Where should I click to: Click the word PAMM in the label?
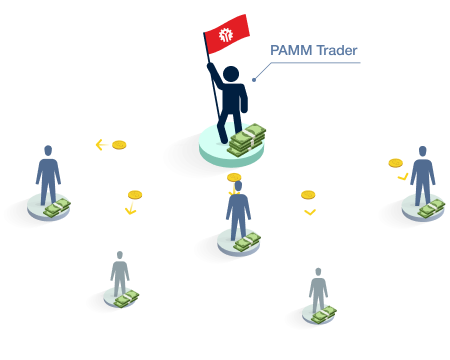(x=291, y=50)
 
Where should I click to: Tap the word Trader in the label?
(x=337, y=50)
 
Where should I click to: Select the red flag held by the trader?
(x=227, y=34)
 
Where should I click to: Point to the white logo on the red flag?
(x=226, y=35)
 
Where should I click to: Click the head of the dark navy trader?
(x=231, y=74)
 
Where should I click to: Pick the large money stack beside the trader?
(x=247, y=140)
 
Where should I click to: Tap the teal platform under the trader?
(x=231, y=147)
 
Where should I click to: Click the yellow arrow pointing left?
(x=101, y=145)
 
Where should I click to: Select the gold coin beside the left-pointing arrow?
(x=119, y=145)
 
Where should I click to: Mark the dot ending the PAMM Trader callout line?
(x=254, y=80)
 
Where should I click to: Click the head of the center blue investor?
(x=238, y=186)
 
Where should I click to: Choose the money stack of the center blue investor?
(x=247, y=242)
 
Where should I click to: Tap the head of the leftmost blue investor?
(x=48, y=150)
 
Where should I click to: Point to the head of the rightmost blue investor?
(x=423, y=151)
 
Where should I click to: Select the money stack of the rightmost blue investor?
(x=431, y=209)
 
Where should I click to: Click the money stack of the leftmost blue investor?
(x=57, y=208)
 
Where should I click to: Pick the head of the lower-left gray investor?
(x=120, y=255)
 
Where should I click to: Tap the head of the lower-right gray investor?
(x=318, y=272)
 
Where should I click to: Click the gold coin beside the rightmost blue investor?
(x=396, y=163)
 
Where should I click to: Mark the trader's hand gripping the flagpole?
(x=210, y=66)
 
